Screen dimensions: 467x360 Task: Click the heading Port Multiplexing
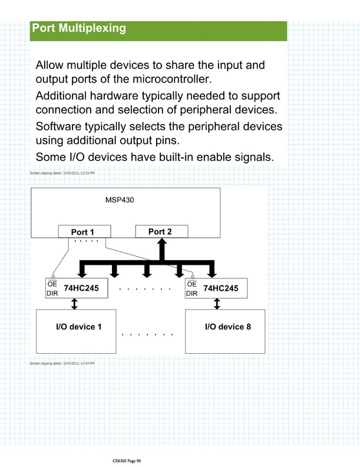(x=79, y=28)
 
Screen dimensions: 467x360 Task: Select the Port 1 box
(x=82, y=232)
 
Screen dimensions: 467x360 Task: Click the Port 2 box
(x=160, y=231)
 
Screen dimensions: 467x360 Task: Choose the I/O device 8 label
(x=227, y=326)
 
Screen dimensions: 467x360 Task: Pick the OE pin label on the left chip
(x=52, y=284)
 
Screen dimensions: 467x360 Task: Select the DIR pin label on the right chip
(x=192, y=293)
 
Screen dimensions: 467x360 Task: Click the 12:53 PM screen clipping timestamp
(x=62, y=173)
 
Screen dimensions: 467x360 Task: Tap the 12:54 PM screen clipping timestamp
(x=62, y=363)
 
